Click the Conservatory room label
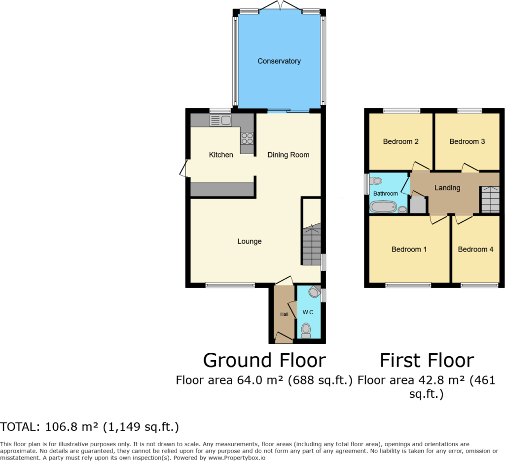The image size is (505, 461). [279, 61]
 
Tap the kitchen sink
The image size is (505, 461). [220, 120]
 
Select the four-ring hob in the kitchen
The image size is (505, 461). [247, 138]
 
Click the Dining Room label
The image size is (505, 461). [289, 155]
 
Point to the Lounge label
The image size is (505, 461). [250, 241]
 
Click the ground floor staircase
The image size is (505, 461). [311, 245]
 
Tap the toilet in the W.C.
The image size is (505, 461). [306, 330]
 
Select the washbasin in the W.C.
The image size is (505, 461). [314, 292]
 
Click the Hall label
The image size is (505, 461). [284, 314]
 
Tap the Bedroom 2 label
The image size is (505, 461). [401, 141]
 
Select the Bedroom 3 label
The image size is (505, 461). [467, 141]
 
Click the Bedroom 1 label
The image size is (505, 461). [409, 249]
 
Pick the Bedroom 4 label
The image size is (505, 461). [475, 249]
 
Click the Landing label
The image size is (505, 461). [447, 188]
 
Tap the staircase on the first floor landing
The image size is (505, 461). [490, 199]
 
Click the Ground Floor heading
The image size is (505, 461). [264, 360]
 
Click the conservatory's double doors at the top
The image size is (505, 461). [280, 6]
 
